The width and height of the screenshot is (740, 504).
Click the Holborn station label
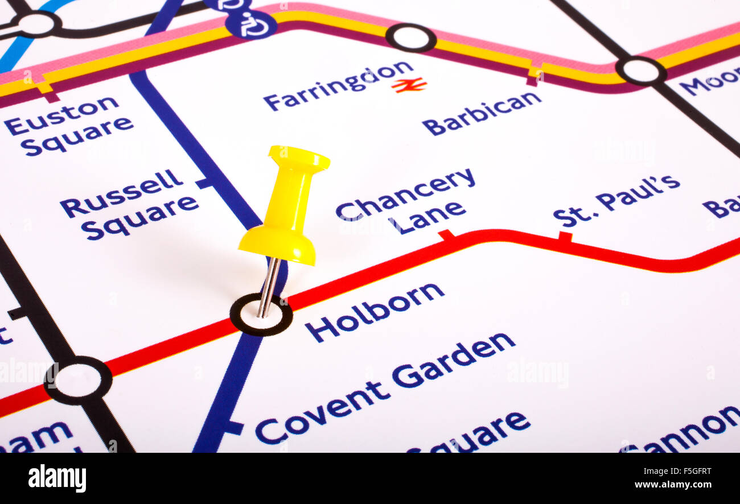[374, 312]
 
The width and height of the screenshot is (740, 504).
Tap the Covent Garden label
[385, 387]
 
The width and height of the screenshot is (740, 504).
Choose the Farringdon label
[338, 85]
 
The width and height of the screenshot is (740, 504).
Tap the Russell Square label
[130, 204]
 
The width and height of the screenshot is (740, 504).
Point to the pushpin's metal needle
[268, 287]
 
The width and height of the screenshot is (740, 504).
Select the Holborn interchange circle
[261, 315]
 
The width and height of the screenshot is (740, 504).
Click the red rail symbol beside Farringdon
[409, 85]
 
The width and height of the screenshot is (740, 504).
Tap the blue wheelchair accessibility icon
[251, 24]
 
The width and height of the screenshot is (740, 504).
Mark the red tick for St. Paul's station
[565, 236]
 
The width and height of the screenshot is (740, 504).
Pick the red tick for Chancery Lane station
[446, 235]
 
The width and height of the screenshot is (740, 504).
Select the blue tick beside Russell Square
[204, 183]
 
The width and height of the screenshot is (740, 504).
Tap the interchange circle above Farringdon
[411, 38]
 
